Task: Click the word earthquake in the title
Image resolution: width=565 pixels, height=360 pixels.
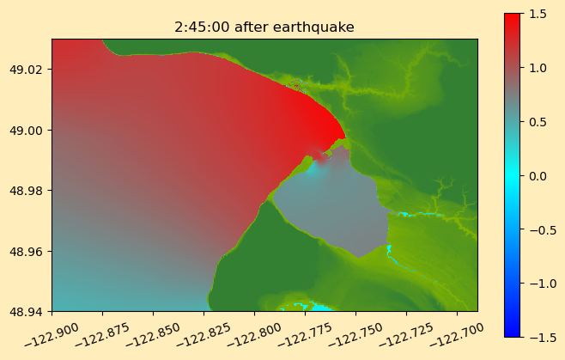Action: (x=313, y=27)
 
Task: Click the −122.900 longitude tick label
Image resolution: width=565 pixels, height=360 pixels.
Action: (x=52, y=335)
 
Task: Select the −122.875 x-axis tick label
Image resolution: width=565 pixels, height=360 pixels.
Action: (x=102, y=335)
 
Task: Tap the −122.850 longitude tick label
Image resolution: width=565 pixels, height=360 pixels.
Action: (x=153, y=335)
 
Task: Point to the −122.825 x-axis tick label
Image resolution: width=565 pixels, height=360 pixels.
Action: (x=204, y=335)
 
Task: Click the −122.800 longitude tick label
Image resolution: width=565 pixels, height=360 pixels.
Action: (x=254, y=335)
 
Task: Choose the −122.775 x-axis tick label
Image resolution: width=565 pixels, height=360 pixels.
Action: (x=305, y=335)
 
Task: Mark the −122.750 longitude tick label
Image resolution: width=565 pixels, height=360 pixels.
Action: (x=355, y=335)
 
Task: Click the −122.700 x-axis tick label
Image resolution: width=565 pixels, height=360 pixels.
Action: (x=457, y=335)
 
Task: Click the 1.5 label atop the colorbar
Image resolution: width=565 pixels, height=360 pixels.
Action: (x=538, y=14)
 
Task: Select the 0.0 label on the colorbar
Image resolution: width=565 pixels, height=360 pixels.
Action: (x=538, y=176)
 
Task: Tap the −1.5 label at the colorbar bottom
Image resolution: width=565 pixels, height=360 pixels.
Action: (x=543, y=337)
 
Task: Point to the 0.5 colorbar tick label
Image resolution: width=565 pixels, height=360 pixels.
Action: (x=538, y=122)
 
